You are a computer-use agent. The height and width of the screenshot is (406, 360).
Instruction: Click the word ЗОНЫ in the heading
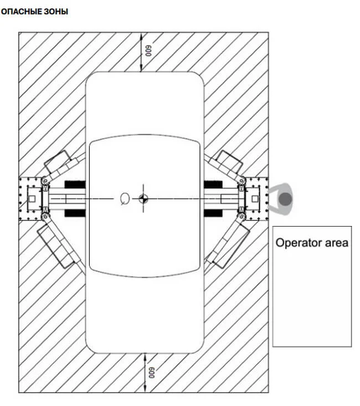56,12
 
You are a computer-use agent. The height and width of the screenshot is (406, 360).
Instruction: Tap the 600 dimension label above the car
148,51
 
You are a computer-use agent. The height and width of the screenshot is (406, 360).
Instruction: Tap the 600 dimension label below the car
152,373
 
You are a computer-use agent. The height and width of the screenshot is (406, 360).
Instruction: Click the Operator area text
312,243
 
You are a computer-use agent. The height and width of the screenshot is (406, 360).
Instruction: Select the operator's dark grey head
285,199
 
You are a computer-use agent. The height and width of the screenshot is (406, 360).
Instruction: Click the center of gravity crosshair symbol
143,199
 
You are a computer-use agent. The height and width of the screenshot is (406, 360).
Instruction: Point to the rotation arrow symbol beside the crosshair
125,199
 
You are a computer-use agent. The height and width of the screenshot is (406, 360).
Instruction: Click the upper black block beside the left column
75,184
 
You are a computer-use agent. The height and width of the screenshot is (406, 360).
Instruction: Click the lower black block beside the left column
75,213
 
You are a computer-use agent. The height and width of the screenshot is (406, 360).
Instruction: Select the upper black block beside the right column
213,184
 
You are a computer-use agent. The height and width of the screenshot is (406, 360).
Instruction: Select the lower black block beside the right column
213,213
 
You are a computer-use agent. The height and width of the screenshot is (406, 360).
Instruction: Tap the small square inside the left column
32,199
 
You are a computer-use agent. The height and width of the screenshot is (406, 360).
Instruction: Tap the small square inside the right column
255,199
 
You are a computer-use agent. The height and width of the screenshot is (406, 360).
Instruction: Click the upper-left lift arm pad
58,162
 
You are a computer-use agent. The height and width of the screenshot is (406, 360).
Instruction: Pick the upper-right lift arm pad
229,162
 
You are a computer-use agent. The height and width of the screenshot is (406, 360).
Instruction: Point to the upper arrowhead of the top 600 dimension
141,37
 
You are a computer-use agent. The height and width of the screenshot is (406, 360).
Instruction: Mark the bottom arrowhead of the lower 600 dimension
145,389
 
